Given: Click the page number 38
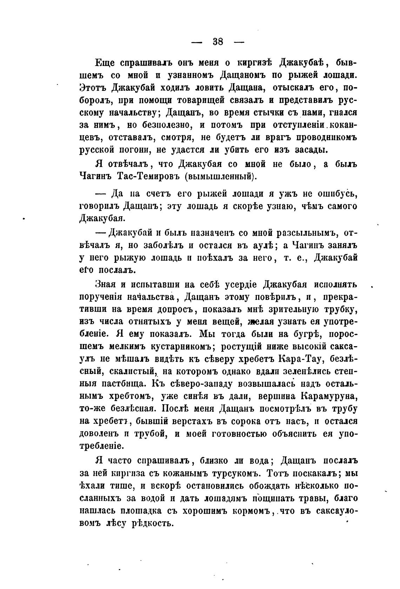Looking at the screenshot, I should click(x=218, y=41).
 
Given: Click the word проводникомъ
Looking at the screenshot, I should click(x=324, y=138).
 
